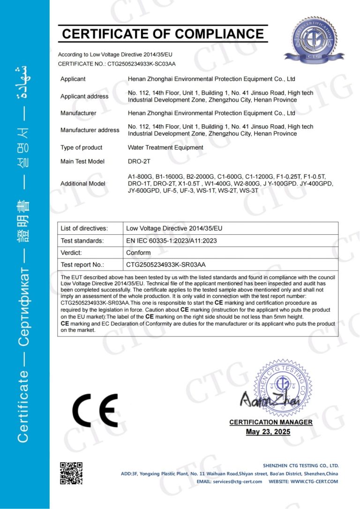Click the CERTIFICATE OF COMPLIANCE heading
pyautogui.click(x=163, y=34)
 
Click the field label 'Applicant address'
pyautogui.click(x=84, y=97)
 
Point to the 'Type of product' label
pyautogui.click(x=81, y=148)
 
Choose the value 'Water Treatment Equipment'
pyautogui.click(x=165, y=148)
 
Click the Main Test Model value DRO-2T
pyautogui.click(x=140, y=161)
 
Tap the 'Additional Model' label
pyautogui.click(x=83, y=184)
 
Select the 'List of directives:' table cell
pyautogui.click(x=84, y=229)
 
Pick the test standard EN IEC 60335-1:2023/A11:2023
pyautogui.click(x=171, y=241)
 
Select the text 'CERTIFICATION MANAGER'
pyautogui.click(x=270, y=422)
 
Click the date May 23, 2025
pyautogui.click(x=268, y=432)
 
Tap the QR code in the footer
pyautogui.click(x=71, y=473)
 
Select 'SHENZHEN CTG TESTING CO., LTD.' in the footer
pyautogui.click(x=300, y=466)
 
